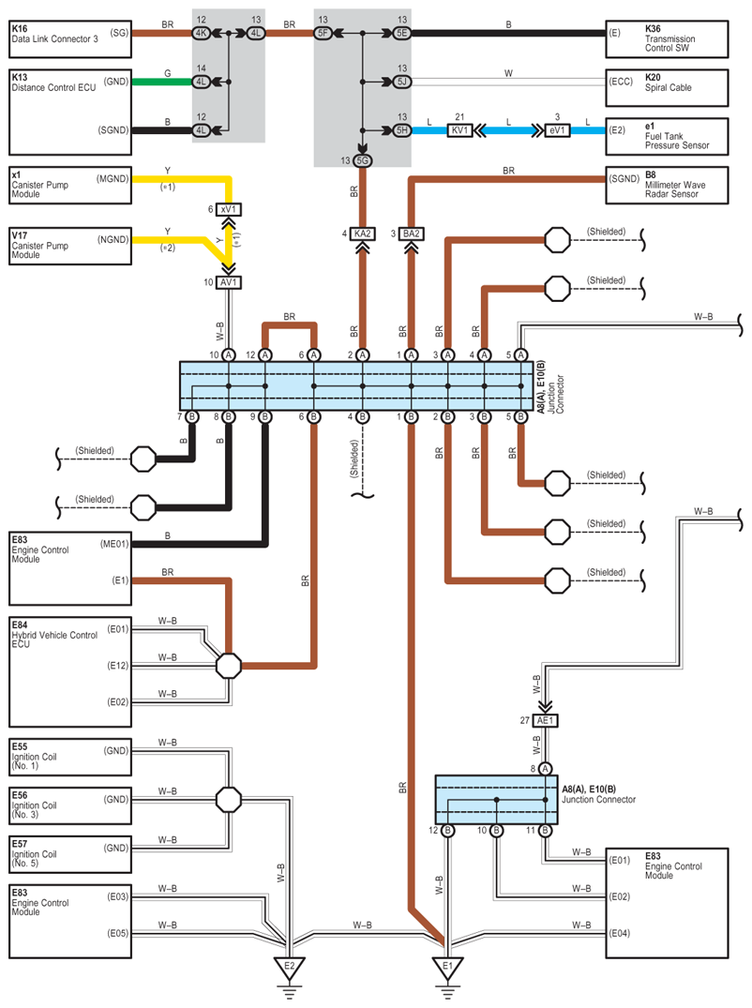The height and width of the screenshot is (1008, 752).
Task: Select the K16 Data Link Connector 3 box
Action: pyautogui.click(x=70, y=39)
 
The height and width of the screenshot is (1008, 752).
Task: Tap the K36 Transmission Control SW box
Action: pyautogui.click(x=667, y=39)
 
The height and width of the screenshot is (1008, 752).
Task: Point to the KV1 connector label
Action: pyautogui.click(x=459, y=130)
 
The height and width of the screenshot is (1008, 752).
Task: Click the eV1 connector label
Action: pyautogui.click(x=557, y=130)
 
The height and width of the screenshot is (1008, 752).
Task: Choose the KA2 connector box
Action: pyautogui.click(x=363, y=234)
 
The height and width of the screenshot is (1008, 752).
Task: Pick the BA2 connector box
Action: pyautogui.click(x=412, y=234)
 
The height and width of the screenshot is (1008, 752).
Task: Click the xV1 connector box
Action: pyautogui.click(x=228, y=210)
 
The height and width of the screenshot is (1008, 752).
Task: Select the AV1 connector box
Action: pyautogui.click(x=228, y=282)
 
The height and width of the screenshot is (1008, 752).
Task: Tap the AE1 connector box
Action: pyautogui.click(x=545, y=721)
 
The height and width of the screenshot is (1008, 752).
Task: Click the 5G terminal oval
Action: pyautogui.click(x=363, y=160)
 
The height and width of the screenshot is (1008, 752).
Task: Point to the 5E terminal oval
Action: pyautogui.click(x=401, y=33)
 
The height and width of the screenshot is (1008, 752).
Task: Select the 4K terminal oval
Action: pyautogui.click(x=202, y=33)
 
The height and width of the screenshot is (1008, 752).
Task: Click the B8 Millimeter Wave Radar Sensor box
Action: pyautogui.click(x=667, y=186)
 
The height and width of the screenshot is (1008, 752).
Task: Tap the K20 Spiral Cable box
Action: pyautogui.click(x=667, y=88)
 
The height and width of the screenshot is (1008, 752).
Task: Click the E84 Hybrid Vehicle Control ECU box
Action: pyautogui.click(x=70, y=672)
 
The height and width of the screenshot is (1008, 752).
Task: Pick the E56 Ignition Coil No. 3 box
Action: pyautogui.click(x=70, y=805)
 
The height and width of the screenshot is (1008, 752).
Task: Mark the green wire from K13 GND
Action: pyautogui.click(x=162, y=82)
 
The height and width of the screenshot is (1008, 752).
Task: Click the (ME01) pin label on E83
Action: pyautogui.click(x=114, y=544)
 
